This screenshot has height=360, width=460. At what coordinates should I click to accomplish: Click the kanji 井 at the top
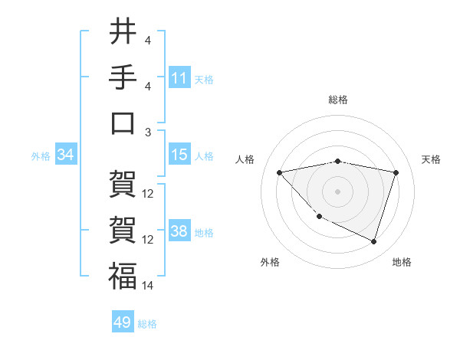pos(123,31)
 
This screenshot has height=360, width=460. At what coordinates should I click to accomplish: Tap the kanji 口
pos(123,123)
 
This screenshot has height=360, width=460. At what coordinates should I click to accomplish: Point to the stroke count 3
pos(147,132)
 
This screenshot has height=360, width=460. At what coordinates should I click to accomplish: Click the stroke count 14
pos(148,285)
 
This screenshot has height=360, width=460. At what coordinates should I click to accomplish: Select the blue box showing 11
pos(179,78)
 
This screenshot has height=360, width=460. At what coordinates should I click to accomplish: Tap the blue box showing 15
pos(179,155)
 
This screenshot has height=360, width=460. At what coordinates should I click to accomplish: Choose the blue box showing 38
pos(179,231)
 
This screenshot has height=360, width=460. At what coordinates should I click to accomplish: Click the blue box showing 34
pos(65,155)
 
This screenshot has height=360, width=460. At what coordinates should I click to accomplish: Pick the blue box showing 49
pos(123,322)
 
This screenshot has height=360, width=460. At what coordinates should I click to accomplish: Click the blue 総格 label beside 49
pos(147,324)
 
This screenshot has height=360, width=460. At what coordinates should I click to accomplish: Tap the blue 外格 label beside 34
pos(41,156)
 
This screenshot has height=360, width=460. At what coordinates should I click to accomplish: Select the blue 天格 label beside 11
pos(204,80)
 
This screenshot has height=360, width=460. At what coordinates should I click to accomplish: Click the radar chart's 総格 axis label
pos(338,100)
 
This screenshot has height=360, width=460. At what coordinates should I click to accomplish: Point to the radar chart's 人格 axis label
pos(245,159)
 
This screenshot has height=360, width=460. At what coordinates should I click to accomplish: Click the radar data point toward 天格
pos(396,172)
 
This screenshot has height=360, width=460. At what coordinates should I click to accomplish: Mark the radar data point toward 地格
pos(373,241)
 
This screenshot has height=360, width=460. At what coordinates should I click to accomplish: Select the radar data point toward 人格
pos(279,172)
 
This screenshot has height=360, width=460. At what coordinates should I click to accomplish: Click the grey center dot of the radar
pos(337,191)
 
